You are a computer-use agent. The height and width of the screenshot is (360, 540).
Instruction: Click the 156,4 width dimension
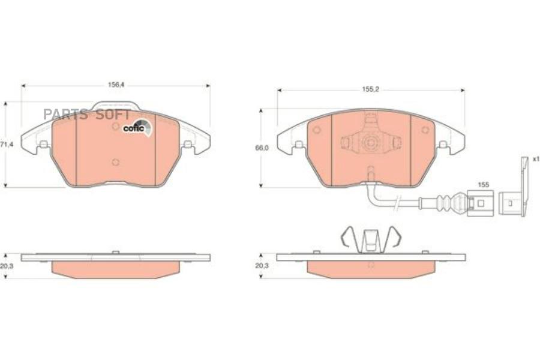coord(116,85)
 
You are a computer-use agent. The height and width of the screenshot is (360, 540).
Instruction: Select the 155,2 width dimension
coord(371,89)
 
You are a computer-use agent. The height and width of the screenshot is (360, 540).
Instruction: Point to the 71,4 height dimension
coord(7,145)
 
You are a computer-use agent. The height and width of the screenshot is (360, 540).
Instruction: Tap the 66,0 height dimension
coord(262,148)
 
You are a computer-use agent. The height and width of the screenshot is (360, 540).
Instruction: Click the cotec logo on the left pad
coord(137,127)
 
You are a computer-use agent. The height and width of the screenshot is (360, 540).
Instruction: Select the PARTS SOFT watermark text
coord(87,115)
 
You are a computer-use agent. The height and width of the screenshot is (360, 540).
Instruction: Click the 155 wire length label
coord(484,185)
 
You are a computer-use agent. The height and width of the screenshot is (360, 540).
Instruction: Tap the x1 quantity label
coord(536,159)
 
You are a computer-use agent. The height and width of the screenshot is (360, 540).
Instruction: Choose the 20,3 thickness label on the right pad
coord(262,266)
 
